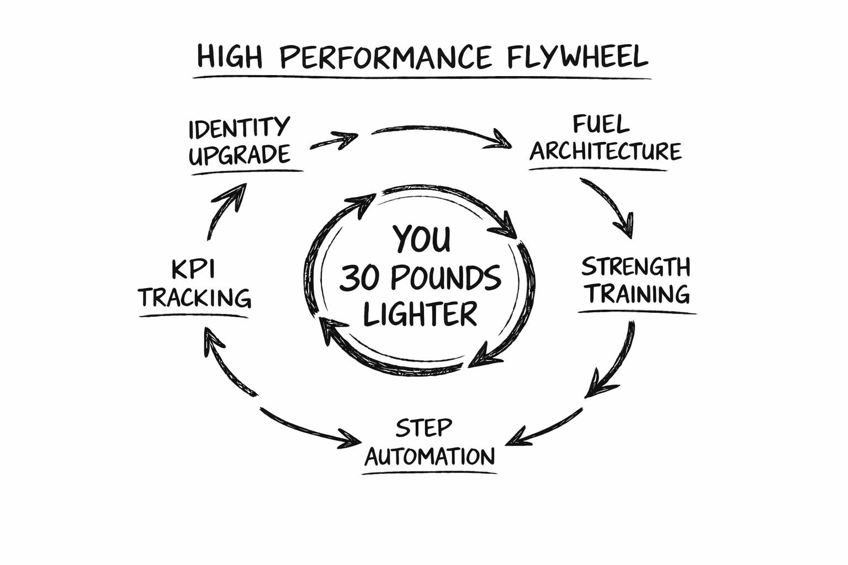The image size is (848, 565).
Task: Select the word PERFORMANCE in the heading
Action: coord(385,57)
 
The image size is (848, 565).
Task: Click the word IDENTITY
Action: coord(239,128)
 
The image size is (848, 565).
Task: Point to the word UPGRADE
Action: coord(239,155)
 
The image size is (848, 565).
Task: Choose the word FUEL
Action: coord(601,125)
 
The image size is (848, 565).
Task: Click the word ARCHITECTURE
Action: coord(606,151)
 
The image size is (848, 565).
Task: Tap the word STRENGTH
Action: coord(636,267)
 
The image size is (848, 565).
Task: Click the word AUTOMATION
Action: coord(430,457)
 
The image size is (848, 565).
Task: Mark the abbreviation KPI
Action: coord(193,270)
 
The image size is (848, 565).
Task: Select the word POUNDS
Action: coord(446,278)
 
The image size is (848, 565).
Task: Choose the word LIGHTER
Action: coord(420,314)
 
